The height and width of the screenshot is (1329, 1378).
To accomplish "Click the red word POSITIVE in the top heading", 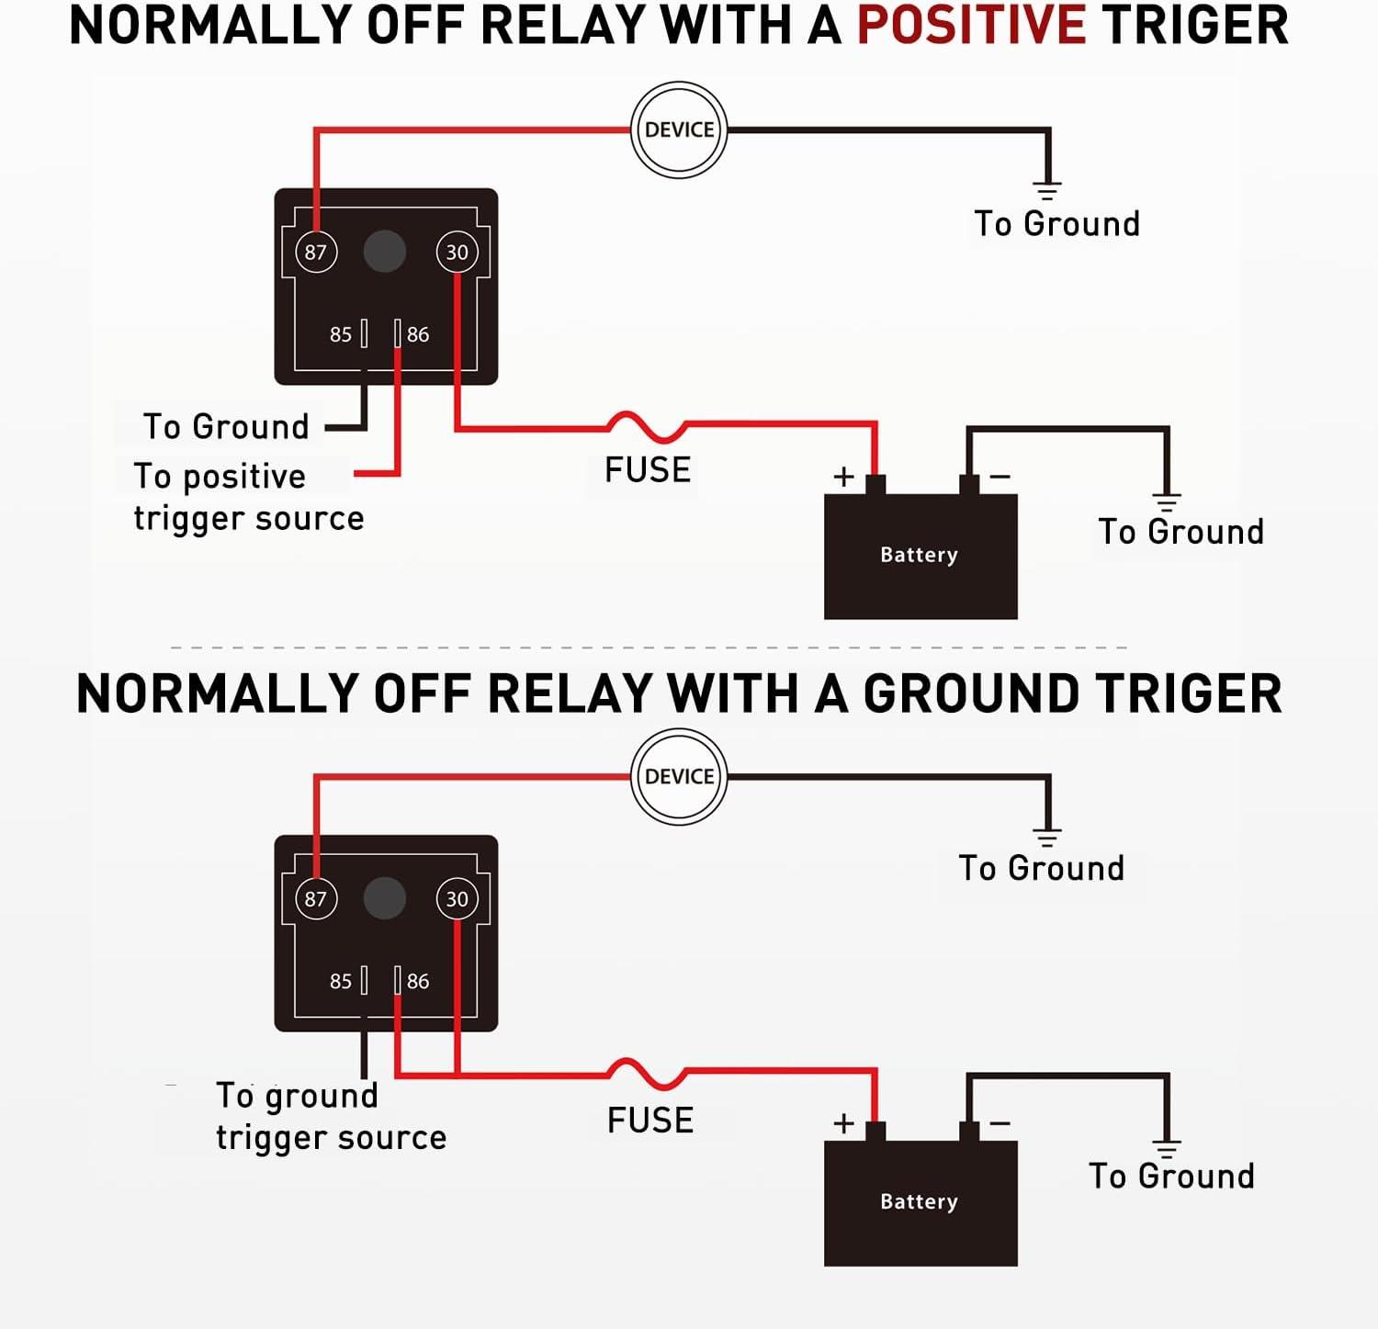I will [x=971, y=26].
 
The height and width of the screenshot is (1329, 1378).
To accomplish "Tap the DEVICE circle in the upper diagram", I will [x=679, y=130].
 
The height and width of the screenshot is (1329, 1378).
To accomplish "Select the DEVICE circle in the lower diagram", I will [x=679, y=777].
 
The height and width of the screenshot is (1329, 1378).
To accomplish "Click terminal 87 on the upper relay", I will [x=316, y=252].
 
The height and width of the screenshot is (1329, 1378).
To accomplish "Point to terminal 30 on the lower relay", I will [x=457, y=899].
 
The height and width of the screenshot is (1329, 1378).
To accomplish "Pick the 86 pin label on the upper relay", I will [x=418, y=335].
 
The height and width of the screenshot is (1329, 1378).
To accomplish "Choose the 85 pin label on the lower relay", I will [x=341, y=982].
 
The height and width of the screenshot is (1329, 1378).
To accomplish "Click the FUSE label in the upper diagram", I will [x=648, y=470].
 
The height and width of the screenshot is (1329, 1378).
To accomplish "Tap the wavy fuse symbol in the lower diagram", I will [x=647, y=1072].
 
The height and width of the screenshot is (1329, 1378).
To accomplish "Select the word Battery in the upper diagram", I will [x=919, y=555].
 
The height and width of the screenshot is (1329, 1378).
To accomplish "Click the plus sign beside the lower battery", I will [x=843, y=1123].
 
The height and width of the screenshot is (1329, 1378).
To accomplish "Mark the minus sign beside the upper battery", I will [x=1000, y=477].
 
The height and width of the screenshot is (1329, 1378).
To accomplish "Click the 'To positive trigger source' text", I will [x=248, y=497].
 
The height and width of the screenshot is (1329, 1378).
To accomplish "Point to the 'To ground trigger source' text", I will [x=331, y=1116].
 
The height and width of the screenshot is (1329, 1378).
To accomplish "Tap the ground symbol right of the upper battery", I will [x=1167, y=501].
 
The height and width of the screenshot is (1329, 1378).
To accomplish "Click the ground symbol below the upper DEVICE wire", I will [x=1046, y=191].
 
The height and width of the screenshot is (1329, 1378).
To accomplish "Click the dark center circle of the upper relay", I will [x=385, y=252].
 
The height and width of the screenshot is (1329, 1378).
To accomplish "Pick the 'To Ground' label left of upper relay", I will [x=226, y=427].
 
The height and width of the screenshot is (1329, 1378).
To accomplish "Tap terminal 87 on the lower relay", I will [x=316, y=899].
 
